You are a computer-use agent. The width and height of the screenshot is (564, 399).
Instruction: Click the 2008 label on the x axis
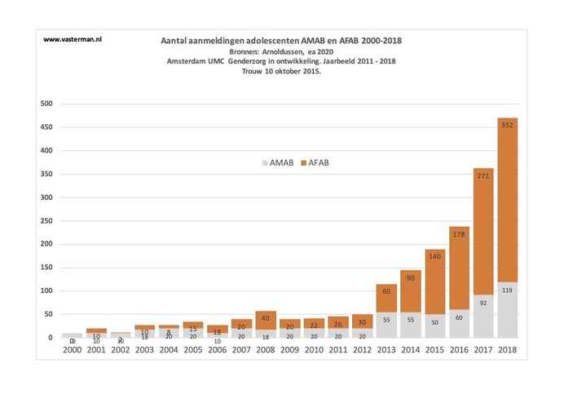tap(265, 349)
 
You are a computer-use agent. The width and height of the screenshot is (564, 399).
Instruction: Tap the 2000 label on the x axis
tap(73, 349)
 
